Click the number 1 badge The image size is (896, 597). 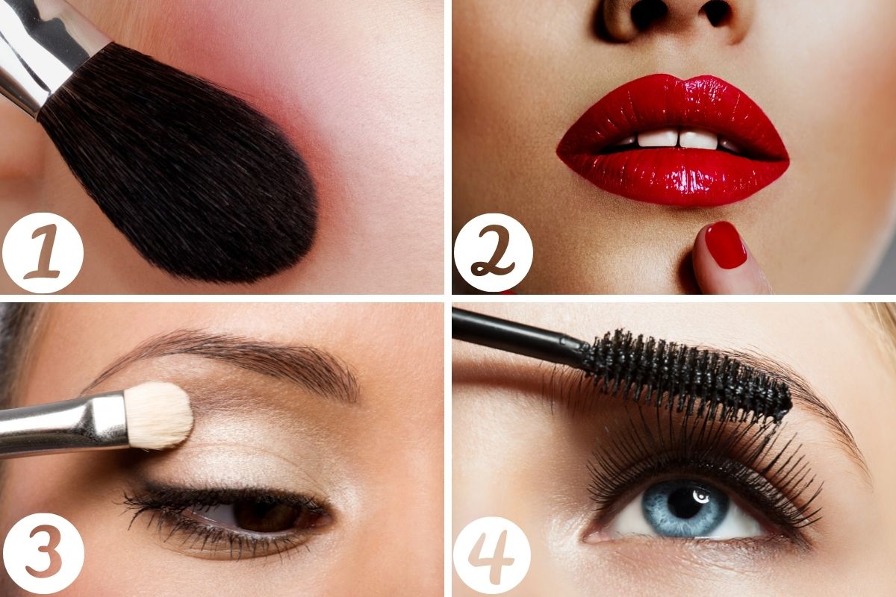click(x=43, y=253)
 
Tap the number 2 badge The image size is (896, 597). click(x=494, y=253)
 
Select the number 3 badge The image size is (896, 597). click(x=43, y=554)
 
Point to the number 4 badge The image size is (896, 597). click(x=491, y=556)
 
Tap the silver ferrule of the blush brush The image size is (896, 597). click(x=44, y=52)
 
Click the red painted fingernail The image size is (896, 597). click(x=725, y=245)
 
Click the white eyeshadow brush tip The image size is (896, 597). click(x=158, y=415)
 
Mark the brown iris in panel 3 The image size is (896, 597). click(x=266, y=516)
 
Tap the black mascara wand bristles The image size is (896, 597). click(x=686, y=376)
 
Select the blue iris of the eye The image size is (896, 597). click(x=685, y=509)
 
